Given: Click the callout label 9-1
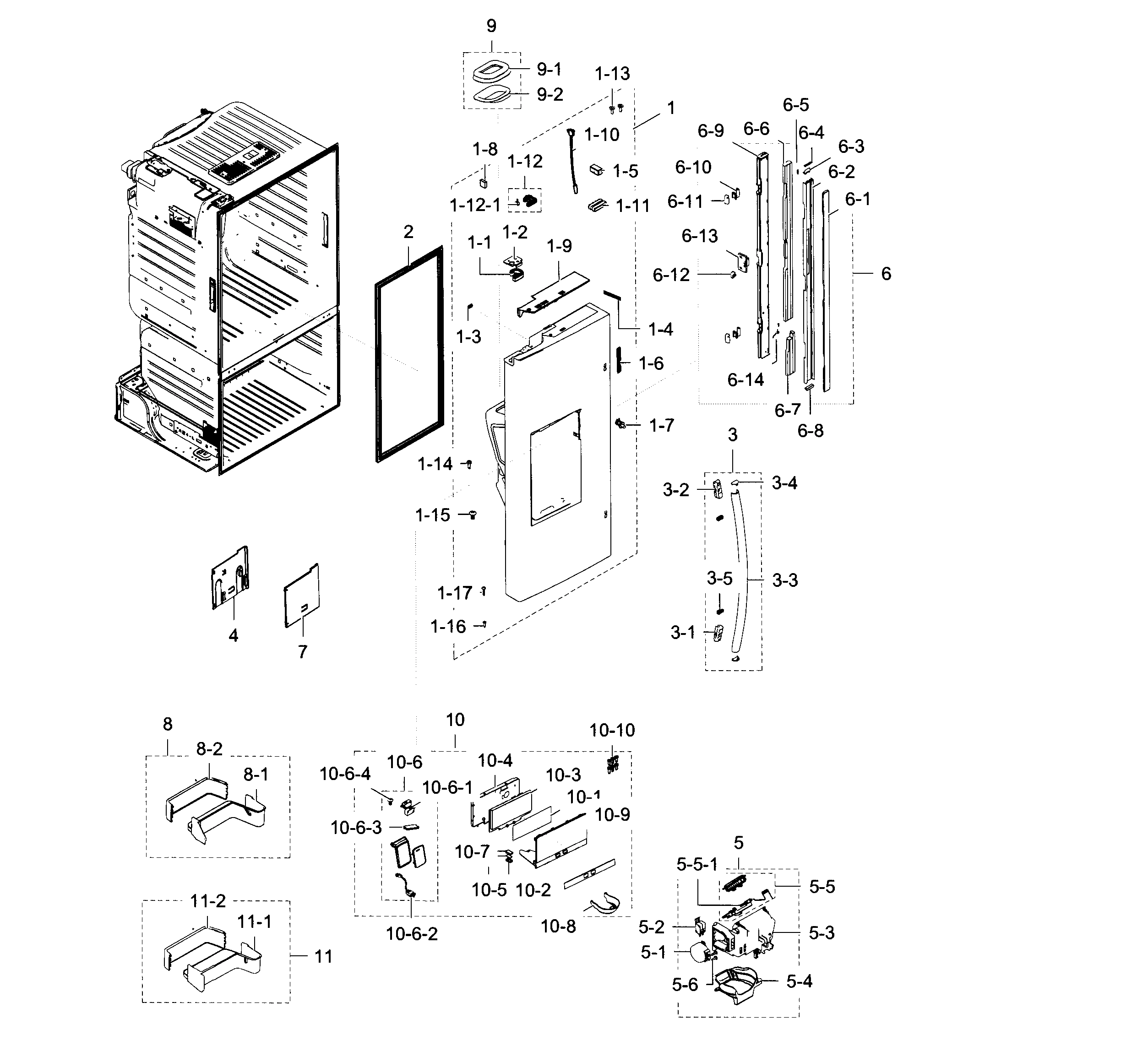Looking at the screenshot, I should pos(549,70).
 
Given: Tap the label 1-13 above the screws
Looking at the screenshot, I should pos(612,74).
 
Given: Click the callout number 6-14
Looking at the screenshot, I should pos(746,380).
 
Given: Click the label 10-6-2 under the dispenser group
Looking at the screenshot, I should pos(412,933).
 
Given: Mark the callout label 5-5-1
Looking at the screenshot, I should pos(697,864).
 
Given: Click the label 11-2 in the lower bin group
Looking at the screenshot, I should pos(208,901).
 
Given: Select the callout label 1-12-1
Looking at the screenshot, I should pos(475,206).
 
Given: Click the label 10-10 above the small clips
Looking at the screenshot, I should pos(612,730).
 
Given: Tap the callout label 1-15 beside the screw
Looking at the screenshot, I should pos(433,515).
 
